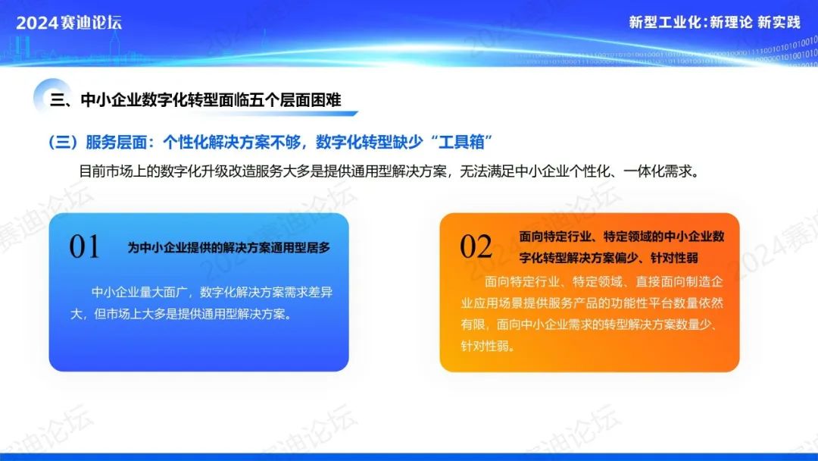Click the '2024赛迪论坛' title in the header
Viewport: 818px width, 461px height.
69,23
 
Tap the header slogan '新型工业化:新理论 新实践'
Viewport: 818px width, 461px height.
714,23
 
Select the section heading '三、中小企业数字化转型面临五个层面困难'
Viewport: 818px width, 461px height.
195,100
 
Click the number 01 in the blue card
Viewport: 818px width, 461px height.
84,246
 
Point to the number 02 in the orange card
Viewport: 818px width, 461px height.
476,246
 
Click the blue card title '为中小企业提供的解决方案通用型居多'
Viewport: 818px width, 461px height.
229,247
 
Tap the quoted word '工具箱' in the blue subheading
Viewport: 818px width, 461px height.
461,142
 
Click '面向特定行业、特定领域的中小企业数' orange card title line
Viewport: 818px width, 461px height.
622,237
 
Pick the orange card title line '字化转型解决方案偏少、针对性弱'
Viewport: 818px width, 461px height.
608,258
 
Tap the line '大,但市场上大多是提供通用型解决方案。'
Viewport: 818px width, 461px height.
181,315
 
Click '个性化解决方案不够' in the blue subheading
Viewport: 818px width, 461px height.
232,142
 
